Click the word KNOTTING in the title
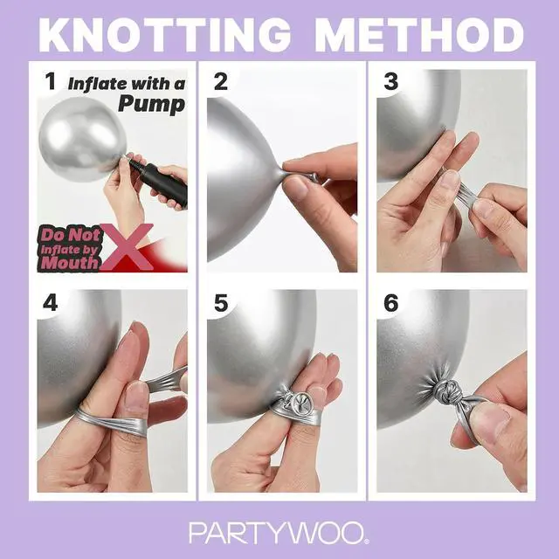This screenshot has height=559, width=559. pos(164,35)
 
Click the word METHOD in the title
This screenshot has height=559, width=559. pos(419,35)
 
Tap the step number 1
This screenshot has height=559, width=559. pos(51,81)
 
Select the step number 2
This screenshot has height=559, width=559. pos(221,81)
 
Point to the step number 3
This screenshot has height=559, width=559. pos(390,81)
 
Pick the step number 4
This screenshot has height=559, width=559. pos(51,303)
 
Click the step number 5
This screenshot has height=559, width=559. pos(221,303)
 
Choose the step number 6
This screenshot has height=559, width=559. pos(390,303)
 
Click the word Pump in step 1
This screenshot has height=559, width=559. pos(151,104)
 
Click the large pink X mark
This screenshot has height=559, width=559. pos(127,246)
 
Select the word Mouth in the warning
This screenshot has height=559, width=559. pos(70,263)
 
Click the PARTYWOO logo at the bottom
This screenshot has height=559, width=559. pos(279,533)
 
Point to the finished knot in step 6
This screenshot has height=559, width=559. pos(446,391)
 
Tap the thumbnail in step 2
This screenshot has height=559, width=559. pos(297,188)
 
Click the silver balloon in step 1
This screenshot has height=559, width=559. pos(83,139)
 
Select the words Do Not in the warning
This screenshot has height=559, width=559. pos(71,235)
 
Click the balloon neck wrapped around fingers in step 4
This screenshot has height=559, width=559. pos(111,420)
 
